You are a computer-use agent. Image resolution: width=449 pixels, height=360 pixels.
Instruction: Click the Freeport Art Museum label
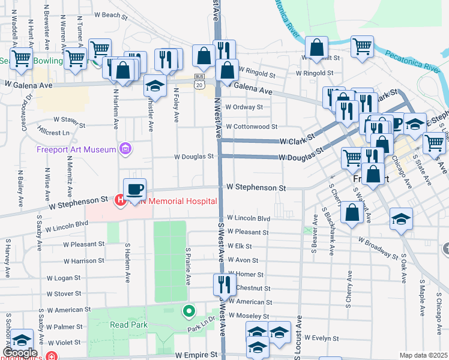point(76,149)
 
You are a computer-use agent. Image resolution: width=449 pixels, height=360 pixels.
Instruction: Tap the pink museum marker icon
point(125,148)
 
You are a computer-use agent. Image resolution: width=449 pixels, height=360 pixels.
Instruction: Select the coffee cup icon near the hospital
point(134,189)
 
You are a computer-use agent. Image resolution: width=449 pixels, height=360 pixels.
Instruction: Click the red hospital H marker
point(120,200)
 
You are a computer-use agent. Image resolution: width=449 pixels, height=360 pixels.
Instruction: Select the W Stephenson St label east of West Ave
point(256,188)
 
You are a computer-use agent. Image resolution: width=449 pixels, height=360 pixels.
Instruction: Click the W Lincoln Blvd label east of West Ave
point(249,218)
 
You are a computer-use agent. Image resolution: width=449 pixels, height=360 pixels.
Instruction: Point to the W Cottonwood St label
point(251,127)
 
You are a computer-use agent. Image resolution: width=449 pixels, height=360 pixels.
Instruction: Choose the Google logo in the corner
point(20,353)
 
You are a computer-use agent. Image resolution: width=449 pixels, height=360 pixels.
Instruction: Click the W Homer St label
point(246,274)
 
